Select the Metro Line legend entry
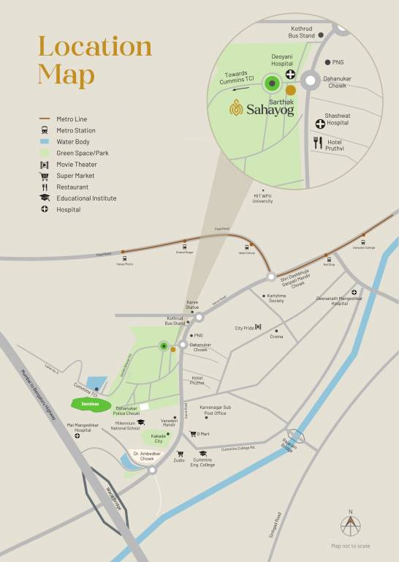(x=72, y=119)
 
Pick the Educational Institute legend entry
(x=86, y=198)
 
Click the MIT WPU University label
(x=263, y=198)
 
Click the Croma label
(x=276, y=336)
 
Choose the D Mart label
(x=203, y=434)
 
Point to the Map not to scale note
(x=350, y=546)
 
